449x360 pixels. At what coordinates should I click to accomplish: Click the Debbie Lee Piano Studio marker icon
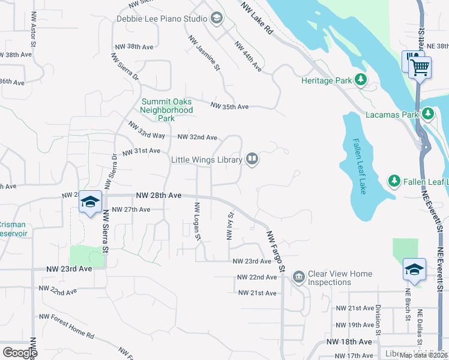tap(216, 19)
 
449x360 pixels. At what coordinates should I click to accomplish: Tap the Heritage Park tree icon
tap(361, 80)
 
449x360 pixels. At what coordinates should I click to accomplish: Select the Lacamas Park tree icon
tap(427, 113)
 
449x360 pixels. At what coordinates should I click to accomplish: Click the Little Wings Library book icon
tap(253, 160)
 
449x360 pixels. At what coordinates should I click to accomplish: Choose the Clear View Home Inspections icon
tap(298, 277)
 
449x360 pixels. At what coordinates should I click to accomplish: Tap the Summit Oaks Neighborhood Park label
tap(167, 110)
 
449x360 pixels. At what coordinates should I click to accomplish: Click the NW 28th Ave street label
tap(158, 196)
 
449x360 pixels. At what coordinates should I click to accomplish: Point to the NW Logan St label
tap(197, 221)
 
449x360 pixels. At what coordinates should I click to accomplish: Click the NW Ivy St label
tap(230, 226)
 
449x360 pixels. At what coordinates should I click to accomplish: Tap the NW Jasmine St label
tap(204, 53)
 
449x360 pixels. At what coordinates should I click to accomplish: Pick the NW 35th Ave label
tap(229, 106)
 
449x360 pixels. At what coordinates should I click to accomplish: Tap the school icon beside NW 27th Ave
tap(90, 202)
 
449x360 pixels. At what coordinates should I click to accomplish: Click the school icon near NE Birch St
tap(414, 269)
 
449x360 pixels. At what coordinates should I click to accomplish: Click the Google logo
tap(20, 352)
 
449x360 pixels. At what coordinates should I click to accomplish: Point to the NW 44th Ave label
tap(249, 57)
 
